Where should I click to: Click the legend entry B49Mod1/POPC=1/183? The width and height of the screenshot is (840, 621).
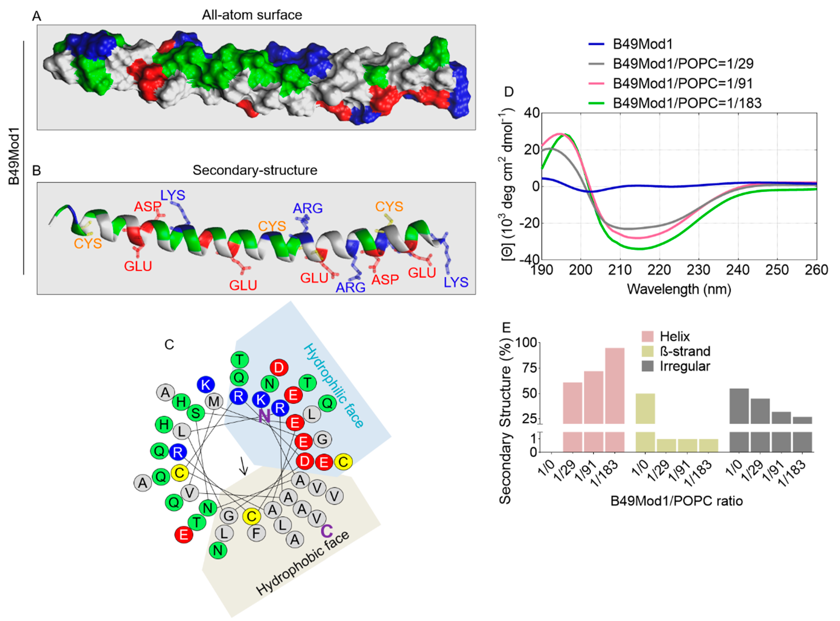tap(687, 103)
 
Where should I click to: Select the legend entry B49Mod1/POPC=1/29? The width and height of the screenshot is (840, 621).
tap(683, 64)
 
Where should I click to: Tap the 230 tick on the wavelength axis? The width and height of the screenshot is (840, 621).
tap(698, 270)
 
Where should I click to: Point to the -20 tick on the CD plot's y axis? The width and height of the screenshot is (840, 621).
tap(529, 223)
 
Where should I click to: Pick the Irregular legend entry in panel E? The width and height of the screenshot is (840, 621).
tap(685, 366)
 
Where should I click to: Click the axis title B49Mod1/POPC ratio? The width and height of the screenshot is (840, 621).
tap(676, 501)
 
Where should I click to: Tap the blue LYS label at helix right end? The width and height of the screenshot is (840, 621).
tap(456, 282)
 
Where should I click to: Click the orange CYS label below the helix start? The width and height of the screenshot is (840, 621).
tap(88, 244)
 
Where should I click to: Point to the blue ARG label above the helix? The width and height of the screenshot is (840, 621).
tap(308, 208)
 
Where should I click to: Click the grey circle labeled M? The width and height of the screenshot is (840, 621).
tap(214, 401)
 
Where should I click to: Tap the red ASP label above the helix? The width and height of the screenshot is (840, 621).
tap(148, 206)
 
